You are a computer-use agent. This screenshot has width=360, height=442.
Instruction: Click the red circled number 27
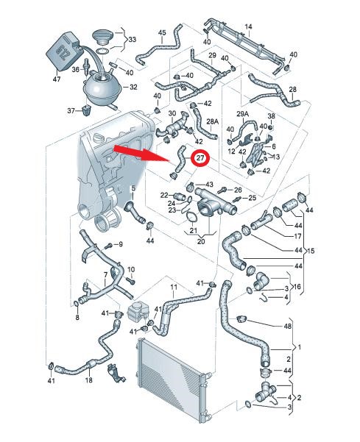pyautogui.click(x=200, y=158)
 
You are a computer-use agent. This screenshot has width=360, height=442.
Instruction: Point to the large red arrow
pyautogui.click(x=141, y=154)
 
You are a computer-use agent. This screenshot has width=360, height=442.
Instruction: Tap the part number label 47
pyautogui.click(x=57, y=79)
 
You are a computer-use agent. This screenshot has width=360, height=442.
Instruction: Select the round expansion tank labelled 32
pyautogui.click(x=102, y=88)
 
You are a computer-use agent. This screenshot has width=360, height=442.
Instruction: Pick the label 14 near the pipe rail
pyautogui.click(x=248, y=27)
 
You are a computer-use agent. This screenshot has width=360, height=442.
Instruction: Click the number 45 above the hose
pyautogui.click(x=162, y=33)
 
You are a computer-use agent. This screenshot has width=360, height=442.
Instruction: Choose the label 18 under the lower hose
pyautogui.click(x=88, y=380)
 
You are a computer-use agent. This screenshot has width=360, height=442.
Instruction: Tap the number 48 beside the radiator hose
pyautogui.click(x=288, y=326)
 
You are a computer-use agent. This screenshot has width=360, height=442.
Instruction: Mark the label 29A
pyautogui.click(x=243, y=114)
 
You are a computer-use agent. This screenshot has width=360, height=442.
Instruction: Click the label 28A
pyautogui.click(x=213, y=121)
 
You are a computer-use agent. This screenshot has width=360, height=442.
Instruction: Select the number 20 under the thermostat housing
pyautogui.click(x=201, y=241)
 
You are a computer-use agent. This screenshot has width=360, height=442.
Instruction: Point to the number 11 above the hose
pyautogui.click(x=174, y=287)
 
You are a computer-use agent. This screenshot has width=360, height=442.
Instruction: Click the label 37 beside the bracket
pyautogui.click(x=71, y=111)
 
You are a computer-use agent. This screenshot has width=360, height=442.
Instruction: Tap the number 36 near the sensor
pyautogui.click(x=75, y=69)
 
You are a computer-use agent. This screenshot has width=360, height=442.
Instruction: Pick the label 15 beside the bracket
pyautogui.click(x=311, y=251)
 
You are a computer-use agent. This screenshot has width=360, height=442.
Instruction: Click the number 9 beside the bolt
pyautogui.click(x=121, y=244)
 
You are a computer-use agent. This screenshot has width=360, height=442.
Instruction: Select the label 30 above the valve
pyautogui.click(x=172, y=113)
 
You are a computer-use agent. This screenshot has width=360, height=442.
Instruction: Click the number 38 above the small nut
pyautogui.click(x=271, y=116)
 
